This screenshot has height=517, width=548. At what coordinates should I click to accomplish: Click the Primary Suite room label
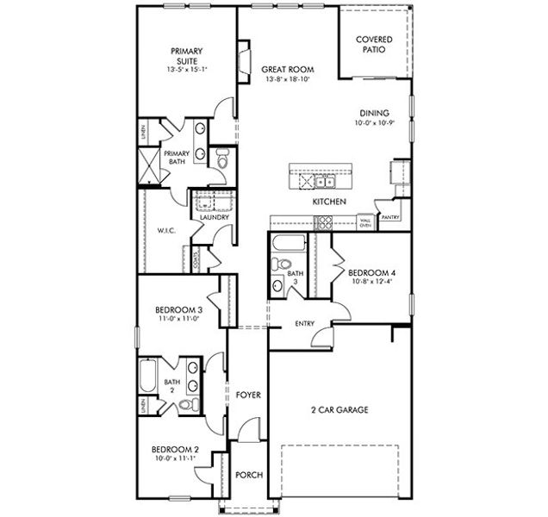187,56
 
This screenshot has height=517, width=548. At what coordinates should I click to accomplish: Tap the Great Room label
288,70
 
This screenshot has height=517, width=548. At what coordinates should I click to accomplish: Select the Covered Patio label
374,45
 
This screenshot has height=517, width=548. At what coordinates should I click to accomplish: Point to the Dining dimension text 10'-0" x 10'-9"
375,124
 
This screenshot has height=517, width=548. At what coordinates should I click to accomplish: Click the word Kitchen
329,201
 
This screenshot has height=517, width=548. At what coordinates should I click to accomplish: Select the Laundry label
214,217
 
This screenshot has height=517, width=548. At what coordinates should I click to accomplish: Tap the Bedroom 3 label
178,310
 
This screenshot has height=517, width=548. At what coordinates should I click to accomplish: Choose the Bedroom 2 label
176,450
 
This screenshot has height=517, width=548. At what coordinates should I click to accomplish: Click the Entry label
305,324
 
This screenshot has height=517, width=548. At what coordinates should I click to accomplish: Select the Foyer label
248,395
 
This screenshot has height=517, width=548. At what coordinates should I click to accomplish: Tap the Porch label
249,475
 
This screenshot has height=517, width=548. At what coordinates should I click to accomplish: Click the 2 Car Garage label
339,410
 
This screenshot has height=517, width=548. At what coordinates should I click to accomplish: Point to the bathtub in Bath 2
146,377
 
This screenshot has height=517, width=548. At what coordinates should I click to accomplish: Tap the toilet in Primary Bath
221,159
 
